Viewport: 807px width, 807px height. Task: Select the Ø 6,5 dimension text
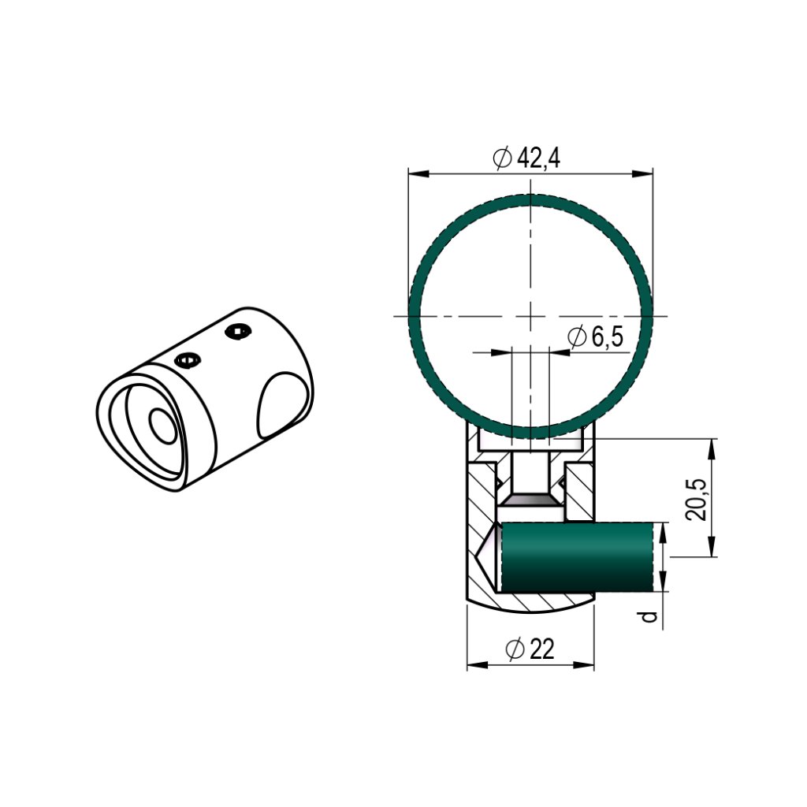coord(595,337)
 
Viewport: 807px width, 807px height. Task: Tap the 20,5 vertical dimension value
coord(695,499)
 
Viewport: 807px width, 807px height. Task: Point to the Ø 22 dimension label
coord(530,649)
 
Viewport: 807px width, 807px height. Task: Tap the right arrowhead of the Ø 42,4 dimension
coord(642,173)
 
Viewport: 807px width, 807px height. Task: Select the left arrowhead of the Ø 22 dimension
coord(477,665)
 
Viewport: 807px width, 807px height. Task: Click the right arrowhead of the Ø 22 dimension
coord(584,665)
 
